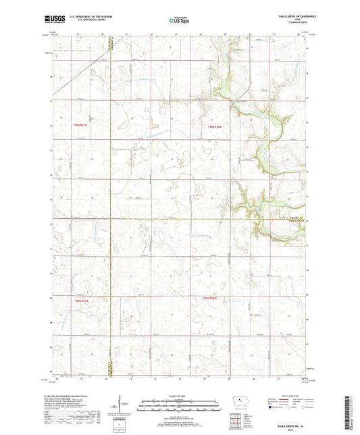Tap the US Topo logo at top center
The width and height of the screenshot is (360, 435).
click(x=179, y=21)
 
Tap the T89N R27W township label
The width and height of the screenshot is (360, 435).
click(x=80, y=298)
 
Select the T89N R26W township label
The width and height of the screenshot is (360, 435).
click(x=211, y=298)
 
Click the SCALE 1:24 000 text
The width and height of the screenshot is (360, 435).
click(x=179, y=396)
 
